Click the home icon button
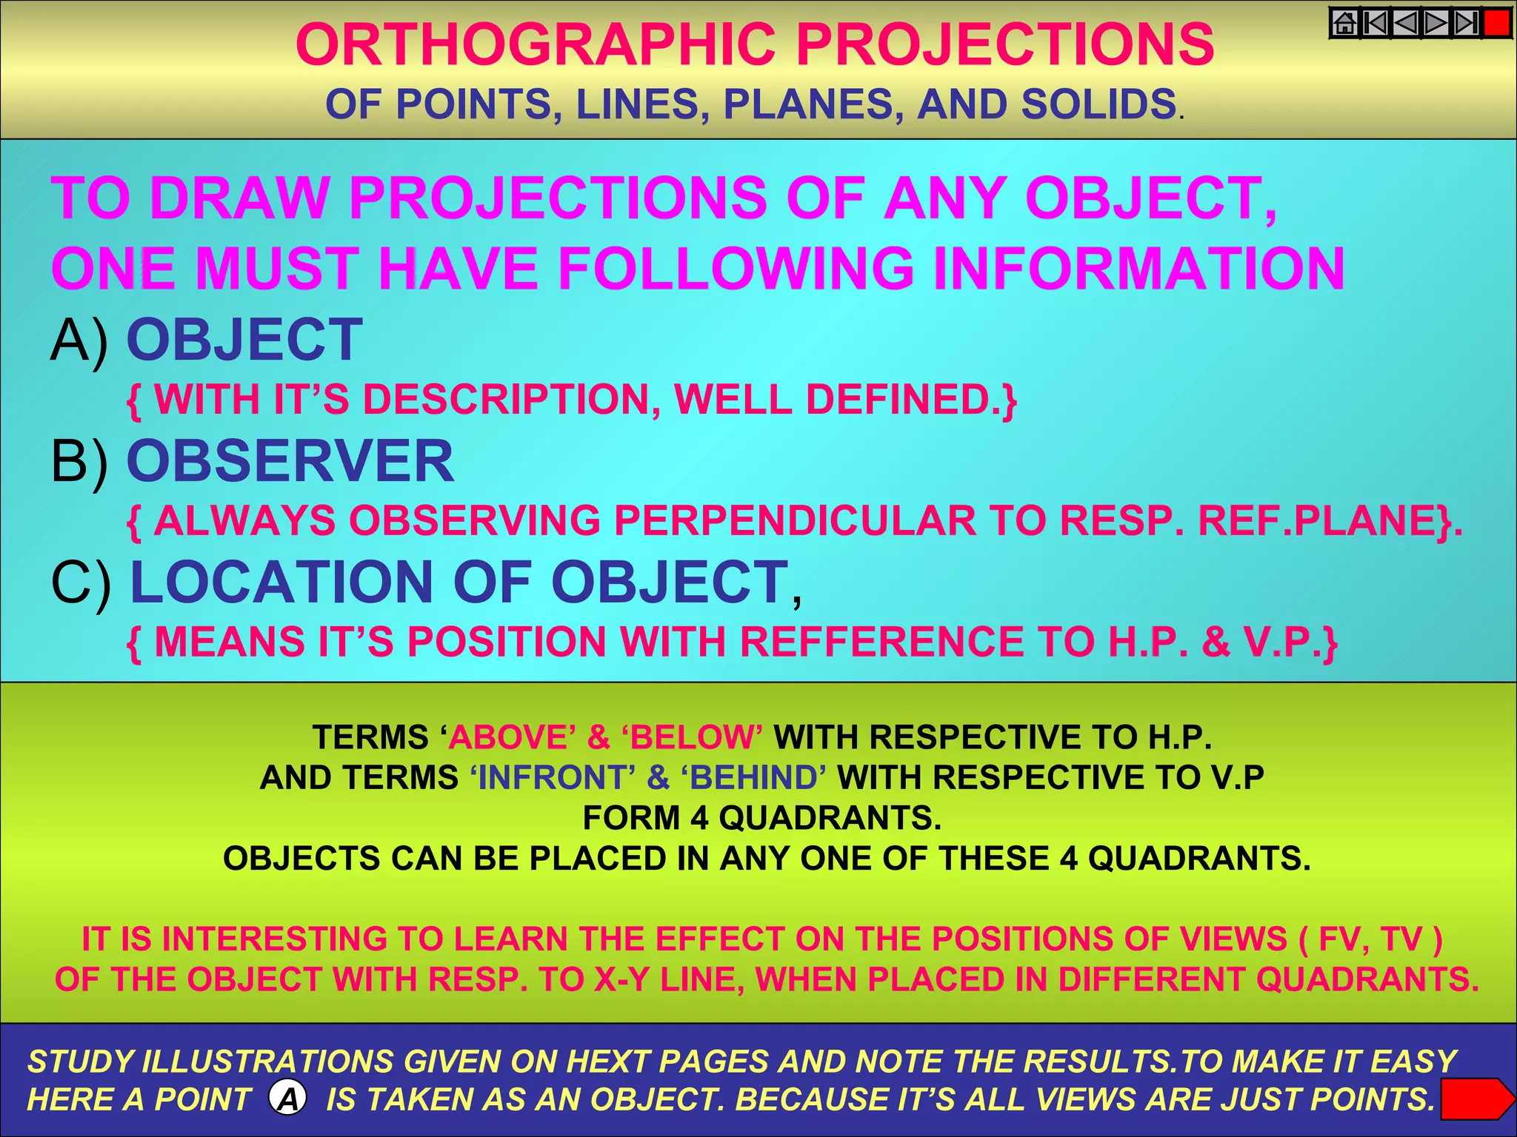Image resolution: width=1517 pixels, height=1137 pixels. (x=1345, y=23)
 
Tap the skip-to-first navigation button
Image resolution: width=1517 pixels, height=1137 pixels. (x=1376, y=23)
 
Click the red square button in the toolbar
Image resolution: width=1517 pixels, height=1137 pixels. (x=1497, y=23)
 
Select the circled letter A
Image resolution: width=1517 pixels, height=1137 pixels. (x=288, y=1099)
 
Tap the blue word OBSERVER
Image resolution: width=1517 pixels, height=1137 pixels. (x=290, y=461)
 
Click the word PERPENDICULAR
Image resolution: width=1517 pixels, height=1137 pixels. (x=795, y=520)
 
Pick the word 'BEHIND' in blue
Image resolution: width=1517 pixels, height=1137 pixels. (x=753, y=778)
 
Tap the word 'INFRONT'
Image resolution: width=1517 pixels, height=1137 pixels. (x=553, y=778)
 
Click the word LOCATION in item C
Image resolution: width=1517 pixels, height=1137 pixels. (x=281, y=582)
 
